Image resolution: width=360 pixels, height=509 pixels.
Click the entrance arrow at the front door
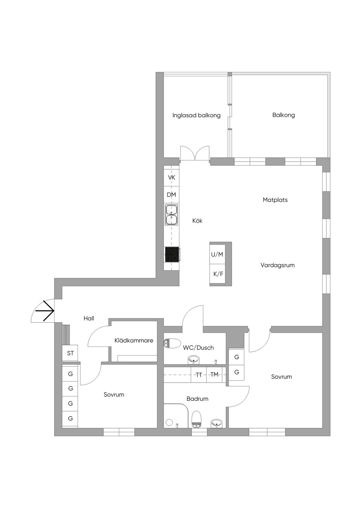[x=47, y=311]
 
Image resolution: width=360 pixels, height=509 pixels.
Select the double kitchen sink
[x=172, y=215]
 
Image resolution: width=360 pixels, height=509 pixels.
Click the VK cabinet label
[x=172, y=178]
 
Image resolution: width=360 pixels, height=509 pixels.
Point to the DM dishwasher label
[x=172, y=195]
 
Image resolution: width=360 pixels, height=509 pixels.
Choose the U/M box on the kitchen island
[x=217, y=255]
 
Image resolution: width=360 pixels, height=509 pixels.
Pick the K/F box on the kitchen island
[x=218, y=273]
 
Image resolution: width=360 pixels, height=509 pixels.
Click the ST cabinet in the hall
[x=70, y=353]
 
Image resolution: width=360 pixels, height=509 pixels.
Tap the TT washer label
[x=199, y=375]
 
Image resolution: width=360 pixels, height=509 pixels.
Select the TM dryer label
[x=214, y=375]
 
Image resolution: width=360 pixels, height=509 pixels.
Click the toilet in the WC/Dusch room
[x=172, y=343]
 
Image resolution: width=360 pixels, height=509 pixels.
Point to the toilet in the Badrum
[x=197, y=419]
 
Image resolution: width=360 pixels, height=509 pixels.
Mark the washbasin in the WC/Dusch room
[x=194, y=359]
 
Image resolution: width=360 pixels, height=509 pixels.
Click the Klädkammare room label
[x=134, y=340]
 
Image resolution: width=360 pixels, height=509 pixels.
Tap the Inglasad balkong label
[x=197, y=115]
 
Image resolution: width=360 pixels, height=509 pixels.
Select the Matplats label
[x=275, y=200]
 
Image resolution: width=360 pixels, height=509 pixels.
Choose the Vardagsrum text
[x=277, y=265]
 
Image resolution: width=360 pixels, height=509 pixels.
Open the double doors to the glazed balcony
[x=195, y=154]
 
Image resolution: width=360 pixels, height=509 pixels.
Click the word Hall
[x=89, y=319]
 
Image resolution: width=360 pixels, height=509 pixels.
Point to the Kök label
[x=198, y=221]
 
